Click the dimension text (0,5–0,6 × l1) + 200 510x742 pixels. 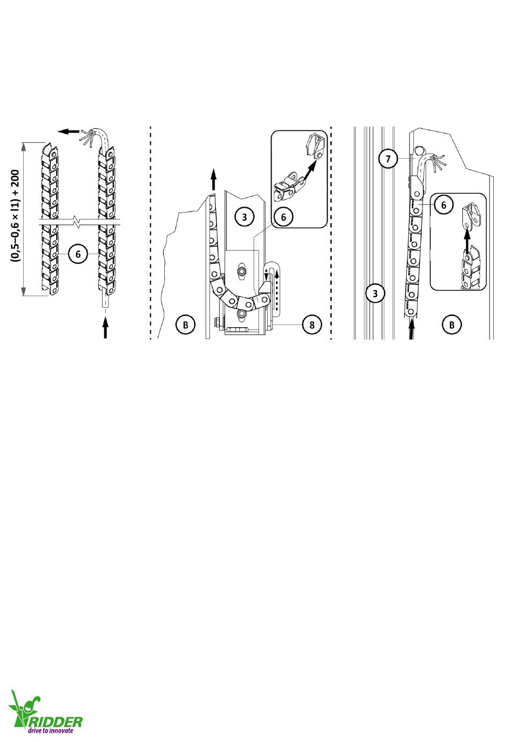(x=16, y=216)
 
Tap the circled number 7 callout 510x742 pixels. (x=388, y=159)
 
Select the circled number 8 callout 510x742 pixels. (x=312, y=325)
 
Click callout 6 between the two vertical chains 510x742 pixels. (x=78, y=254)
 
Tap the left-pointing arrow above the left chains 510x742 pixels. (x=69, y=131)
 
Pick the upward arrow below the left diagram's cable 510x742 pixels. (x=105, y=328)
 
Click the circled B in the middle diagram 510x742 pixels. (x=185, y=325)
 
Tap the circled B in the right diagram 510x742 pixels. (x=451, y=325)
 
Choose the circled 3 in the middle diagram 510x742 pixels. (x=244, y=217)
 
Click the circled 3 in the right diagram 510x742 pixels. (x=375, y=293)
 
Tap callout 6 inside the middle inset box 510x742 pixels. (x=283, y=217)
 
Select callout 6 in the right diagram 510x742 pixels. (x=443, y=205)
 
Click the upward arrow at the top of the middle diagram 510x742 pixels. (x=214, y=179)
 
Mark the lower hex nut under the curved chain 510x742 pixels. (x=241, y=314)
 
